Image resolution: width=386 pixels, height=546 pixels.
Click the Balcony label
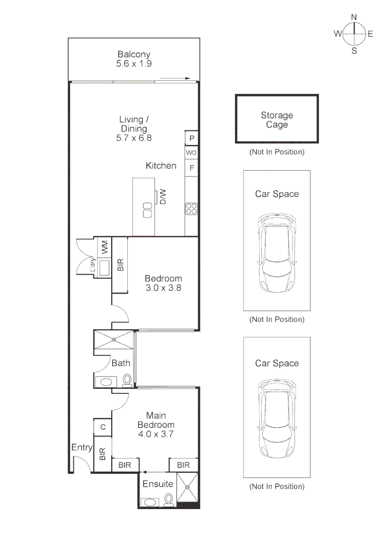[134, 54]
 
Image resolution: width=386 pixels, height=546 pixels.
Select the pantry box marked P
[191, 138]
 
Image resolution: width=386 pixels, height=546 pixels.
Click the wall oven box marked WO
[191, 152]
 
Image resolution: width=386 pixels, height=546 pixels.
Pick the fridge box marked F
[191, 168]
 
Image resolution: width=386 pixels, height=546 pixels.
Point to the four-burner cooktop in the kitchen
[191, 209]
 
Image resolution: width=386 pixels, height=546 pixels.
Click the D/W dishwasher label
[163, 197]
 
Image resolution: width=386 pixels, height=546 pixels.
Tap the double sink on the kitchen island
[148, 210]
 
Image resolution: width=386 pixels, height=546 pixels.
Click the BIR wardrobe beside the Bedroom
[120, 265]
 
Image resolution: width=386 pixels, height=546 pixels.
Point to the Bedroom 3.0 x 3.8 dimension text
[163, 288]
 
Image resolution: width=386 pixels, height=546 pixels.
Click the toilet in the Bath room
[127, 380]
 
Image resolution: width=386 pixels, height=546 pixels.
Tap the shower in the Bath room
[114, 340]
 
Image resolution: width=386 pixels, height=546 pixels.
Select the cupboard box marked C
[103, 427]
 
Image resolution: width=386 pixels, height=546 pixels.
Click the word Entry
[82, 447]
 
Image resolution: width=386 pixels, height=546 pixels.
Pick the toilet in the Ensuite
[169, 499]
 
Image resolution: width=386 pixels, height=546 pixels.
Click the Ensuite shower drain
[187, 487]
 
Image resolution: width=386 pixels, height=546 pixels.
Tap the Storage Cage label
[277, 120]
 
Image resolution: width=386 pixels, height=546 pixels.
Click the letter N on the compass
[354, 17]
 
